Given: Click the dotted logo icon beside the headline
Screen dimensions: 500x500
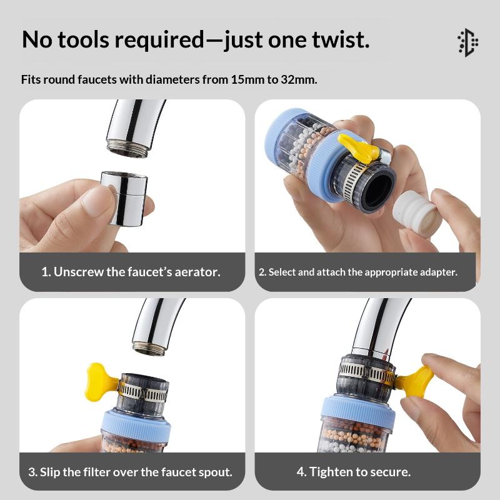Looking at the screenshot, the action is tap(467, 42).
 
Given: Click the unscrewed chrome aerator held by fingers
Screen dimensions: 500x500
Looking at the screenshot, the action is tap(124, 198).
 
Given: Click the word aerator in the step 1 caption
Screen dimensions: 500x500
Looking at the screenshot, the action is tap(197, 272).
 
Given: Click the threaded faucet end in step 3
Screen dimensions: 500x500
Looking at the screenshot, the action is tap(149, 348).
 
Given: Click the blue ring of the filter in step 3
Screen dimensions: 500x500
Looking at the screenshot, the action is tap(136, 424).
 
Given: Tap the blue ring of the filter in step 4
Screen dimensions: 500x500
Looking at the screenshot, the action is tap(357, 411).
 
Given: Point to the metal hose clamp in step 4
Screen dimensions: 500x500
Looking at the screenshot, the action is tap(367, 372).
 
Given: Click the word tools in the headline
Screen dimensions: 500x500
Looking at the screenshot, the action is tap(84, 40).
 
